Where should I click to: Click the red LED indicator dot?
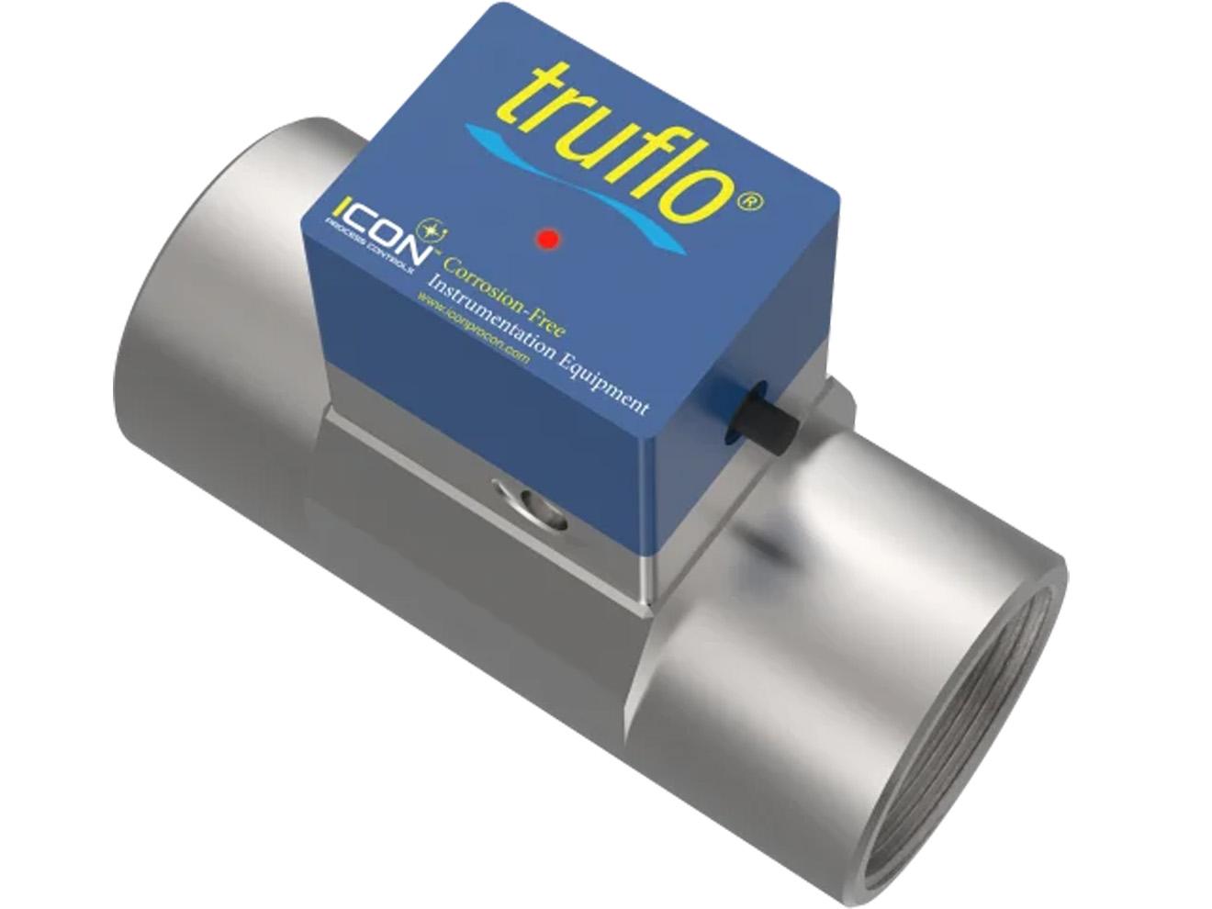pos(548,239)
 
